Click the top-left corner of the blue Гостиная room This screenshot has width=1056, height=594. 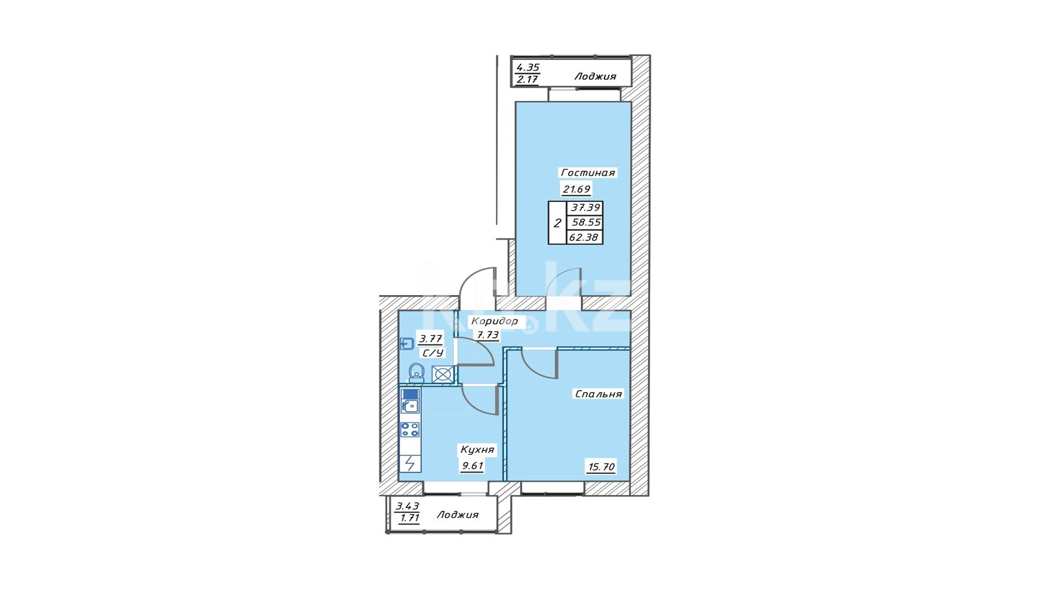(515, 102)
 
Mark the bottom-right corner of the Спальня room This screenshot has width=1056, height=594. (630, 481)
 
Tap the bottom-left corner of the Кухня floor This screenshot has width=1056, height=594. (399, 481)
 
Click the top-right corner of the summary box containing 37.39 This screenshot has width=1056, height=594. (603, 201)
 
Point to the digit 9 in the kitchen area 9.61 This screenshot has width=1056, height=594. (465, 466)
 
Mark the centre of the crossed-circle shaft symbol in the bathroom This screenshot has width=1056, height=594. (442, 375)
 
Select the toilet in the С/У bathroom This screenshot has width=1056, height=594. (416, 373)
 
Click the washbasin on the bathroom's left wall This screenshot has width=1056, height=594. (407, 344)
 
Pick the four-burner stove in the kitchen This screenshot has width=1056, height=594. (410, 430)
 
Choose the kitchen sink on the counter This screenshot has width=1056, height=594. (410, 405)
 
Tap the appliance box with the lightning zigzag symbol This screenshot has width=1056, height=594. (410, 463)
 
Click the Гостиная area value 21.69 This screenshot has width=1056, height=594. (576, 189)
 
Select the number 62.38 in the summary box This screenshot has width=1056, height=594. (583, 238)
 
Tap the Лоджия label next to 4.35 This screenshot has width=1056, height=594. (595, 77)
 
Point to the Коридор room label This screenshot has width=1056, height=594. (494, 321)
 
